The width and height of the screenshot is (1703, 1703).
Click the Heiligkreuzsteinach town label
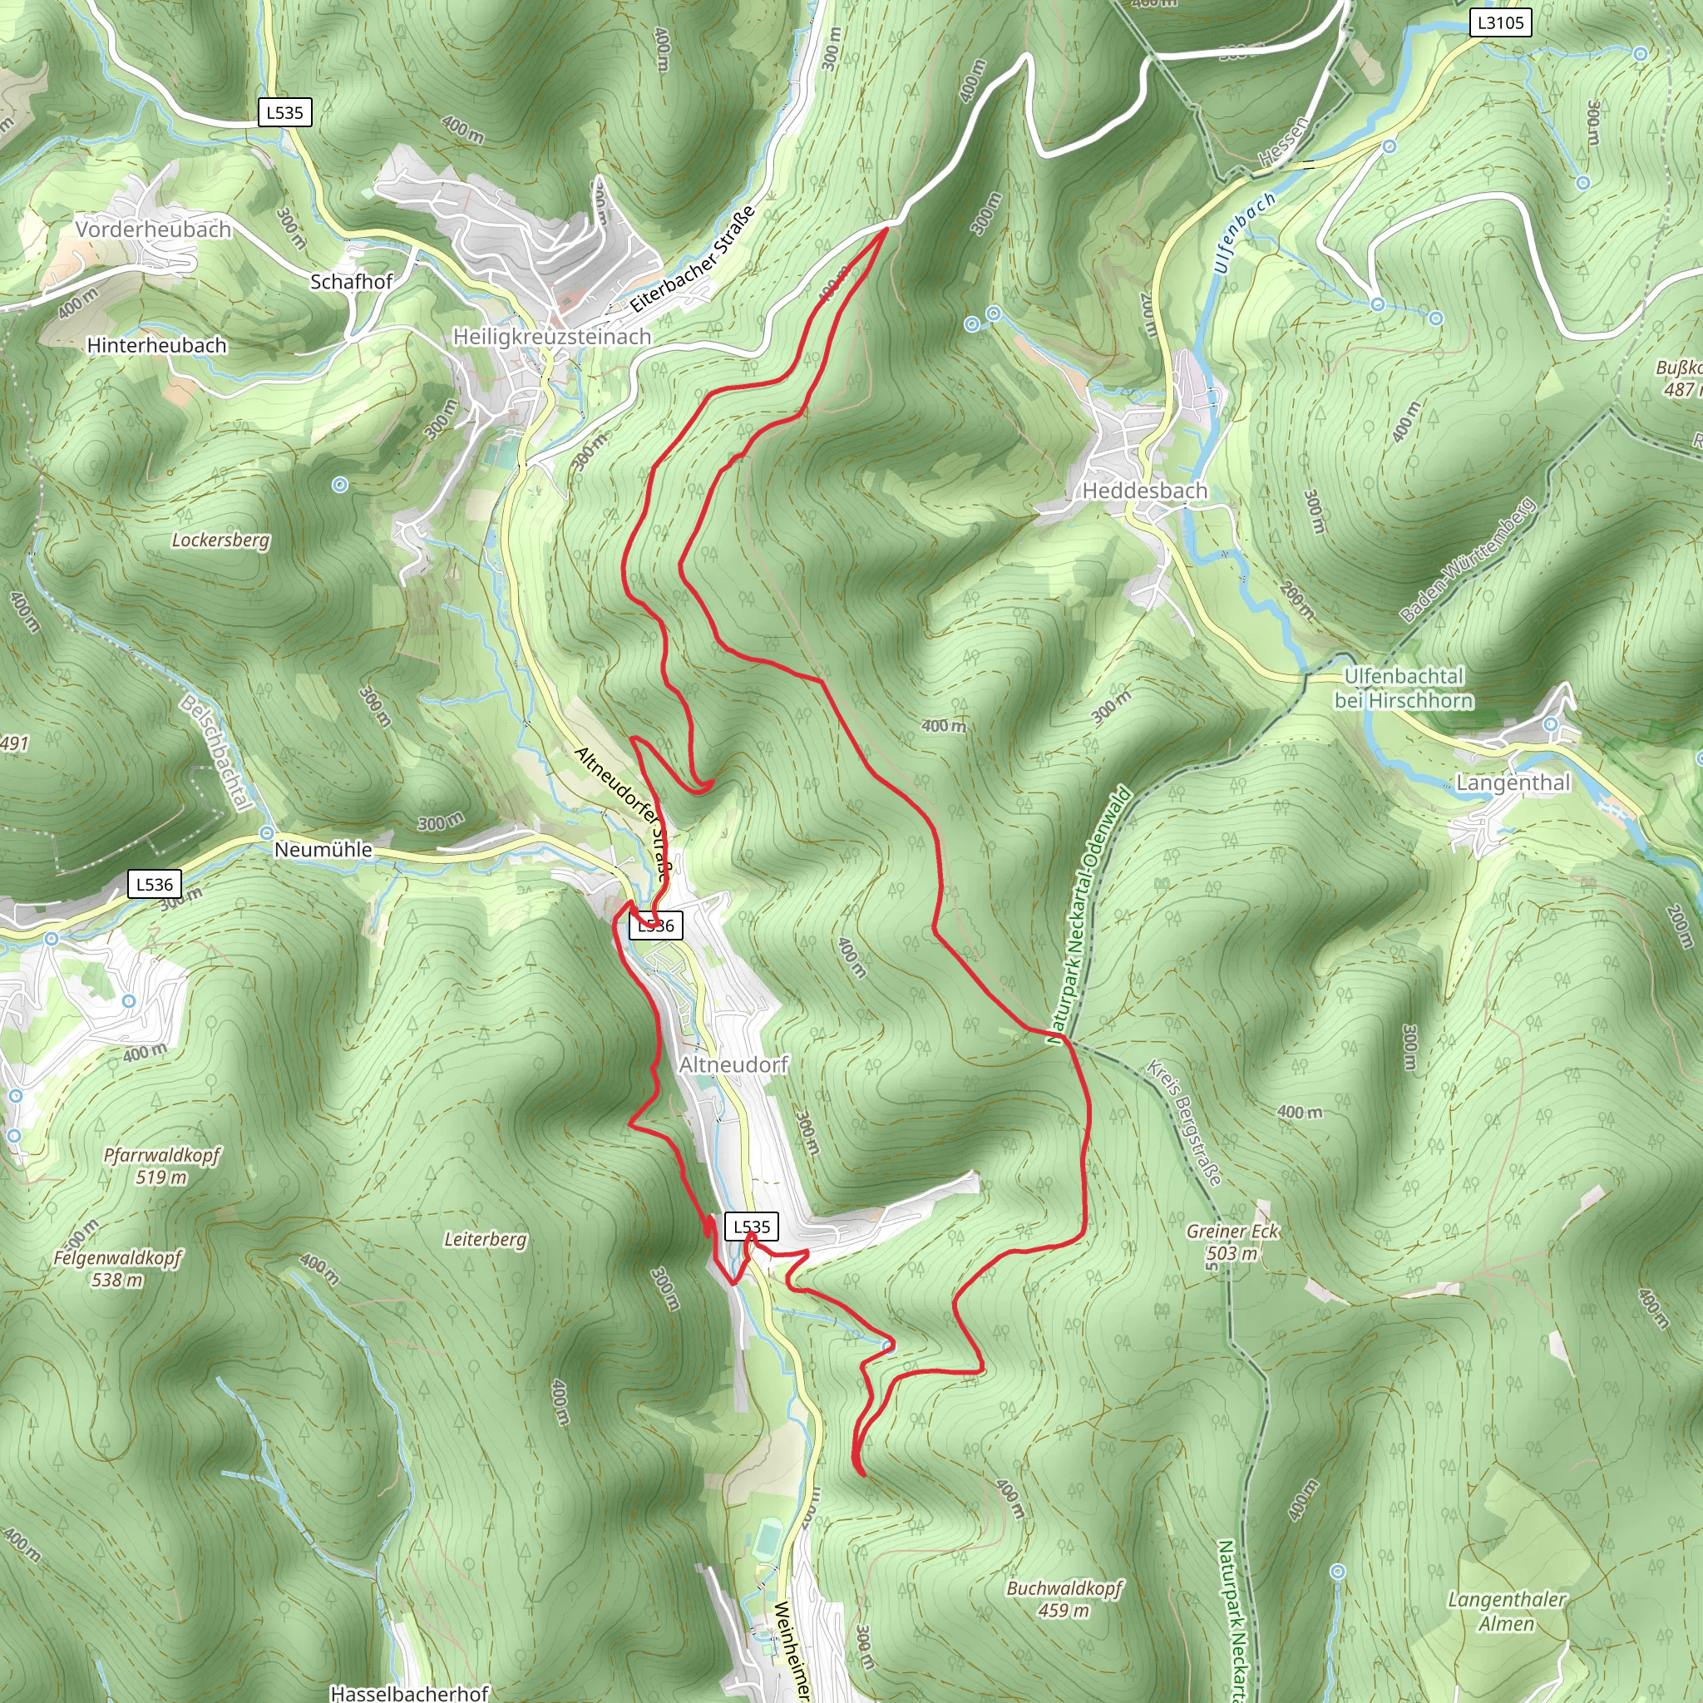click(x=552, y=337)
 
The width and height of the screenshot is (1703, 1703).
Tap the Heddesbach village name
click(x=1144, y=490)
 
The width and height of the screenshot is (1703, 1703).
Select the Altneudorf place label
click(x=733, y=1065)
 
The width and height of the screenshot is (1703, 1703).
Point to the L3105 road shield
click(x=1500, y=23)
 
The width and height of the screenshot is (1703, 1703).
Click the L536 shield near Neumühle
click(x=155, y=884)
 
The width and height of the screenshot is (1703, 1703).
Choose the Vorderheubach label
click(x=153, y=230)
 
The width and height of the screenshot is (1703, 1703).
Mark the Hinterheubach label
click(x=157, y=346)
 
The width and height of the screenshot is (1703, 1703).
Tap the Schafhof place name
click(x=351, y=282)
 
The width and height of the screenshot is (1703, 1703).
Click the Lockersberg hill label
click(x=220, y=540)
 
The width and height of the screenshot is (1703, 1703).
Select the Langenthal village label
click(x=1513, y=782)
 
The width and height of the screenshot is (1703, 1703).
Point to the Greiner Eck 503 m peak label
click(x=1232, y=1242)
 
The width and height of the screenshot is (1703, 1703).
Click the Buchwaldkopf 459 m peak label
click(x=1065, y=1599)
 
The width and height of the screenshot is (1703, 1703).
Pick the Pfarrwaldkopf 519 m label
click(x=161, y=1165)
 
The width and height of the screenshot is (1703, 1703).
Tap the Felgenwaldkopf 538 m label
click(x=117, y=1268)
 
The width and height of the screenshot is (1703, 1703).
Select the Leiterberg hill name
click(x=485, y=1239)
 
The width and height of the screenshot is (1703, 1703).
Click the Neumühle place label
click(x=323, y=850)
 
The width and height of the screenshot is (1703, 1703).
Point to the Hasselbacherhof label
click(x=409, y=1692)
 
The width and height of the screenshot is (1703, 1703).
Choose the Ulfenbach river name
click(x=1243, y=233)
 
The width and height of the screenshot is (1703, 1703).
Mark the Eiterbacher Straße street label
click(x=693, y=259)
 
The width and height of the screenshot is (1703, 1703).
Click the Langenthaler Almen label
click(x=1508, y=1612)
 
